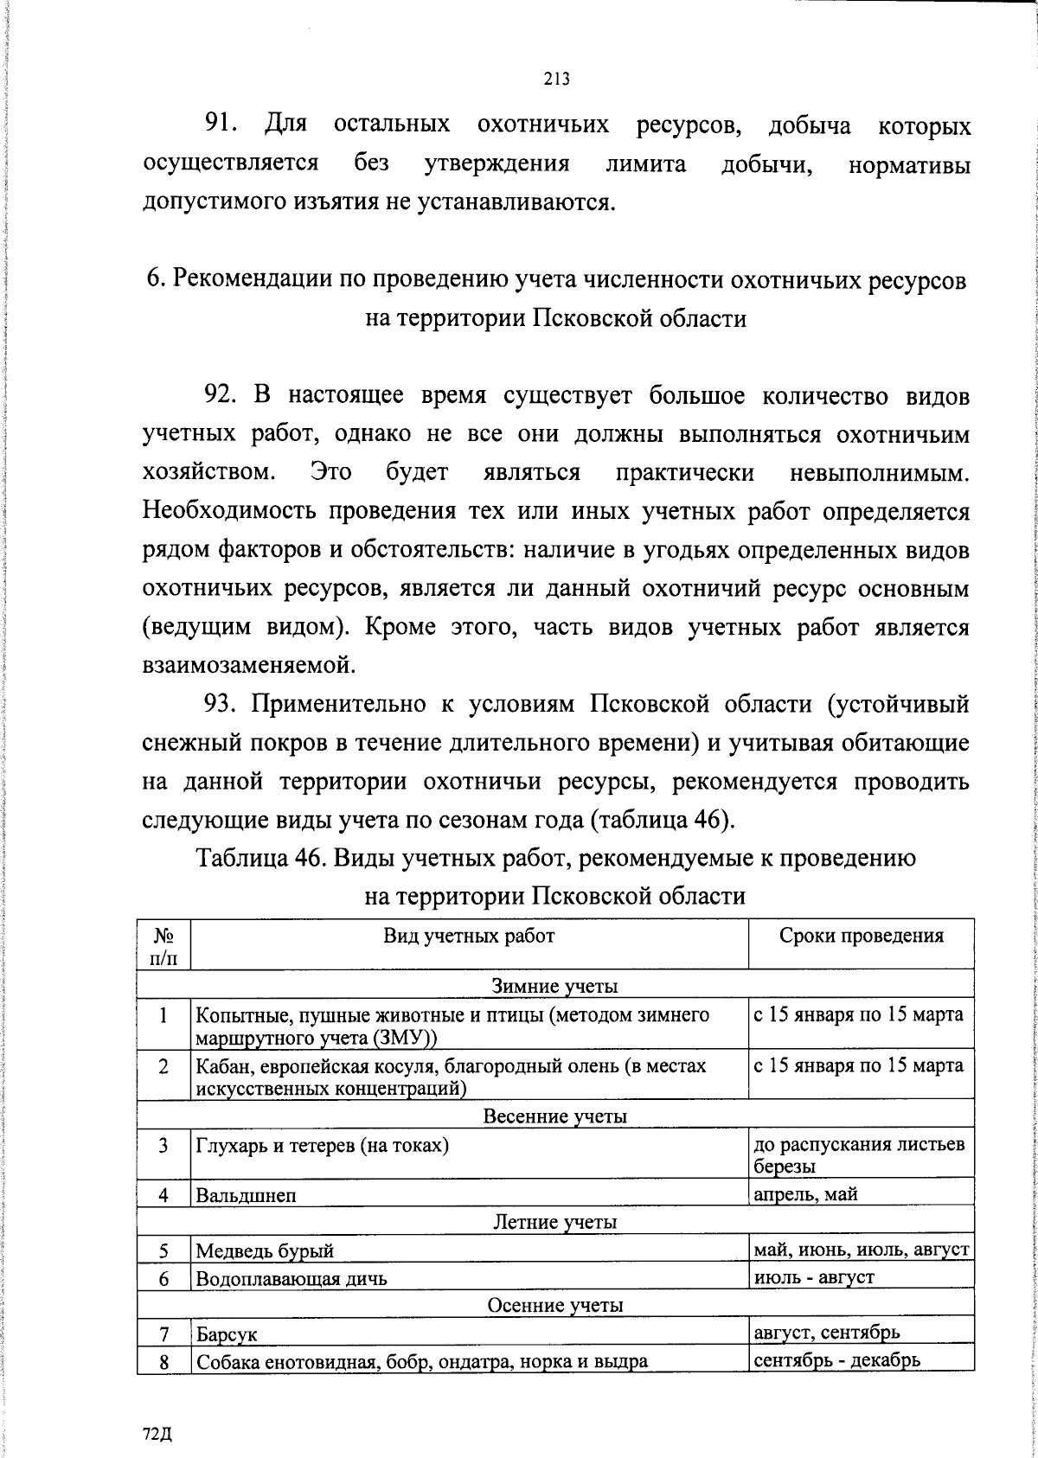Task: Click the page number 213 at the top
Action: click(x=557, y=80)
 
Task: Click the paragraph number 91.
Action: click(x=220, y=126)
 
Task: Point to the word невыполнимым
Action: click(x=880, y=473)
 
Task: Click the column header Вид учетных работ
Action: click(x=469, y=935)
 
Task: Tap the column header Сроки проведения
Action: click(x=861, y=935)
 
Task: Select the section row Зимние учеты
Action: click(x=554, y=985)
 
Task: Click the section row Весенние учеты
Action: click(x=554, y=1116)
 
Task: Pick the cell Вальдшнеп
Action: click(x=246, y=1196)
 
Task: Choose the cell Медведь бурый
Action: click(x=265, y=1250)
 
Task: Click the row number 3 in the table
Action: click(x=163, y=1147)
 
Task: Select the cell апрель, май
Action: click(x=805, y=1194)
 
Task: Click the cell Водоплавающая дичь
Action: click(x=292, y=1278)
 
